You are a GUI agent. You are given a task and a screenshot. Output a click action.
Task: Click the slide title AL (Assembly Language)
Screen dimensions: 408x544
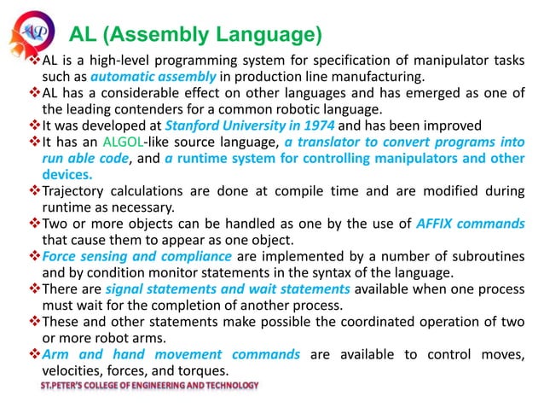click(x=194, y=34)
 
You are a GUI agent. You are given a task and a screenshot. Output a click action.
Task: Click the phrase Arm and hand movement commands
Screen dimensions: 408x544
click(x=171, y=354)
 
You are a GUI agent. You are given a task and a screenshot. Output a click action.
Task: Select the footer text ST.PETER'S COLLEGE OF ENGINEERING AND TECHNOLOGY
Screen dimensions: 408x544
click(x=148, y=386)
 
